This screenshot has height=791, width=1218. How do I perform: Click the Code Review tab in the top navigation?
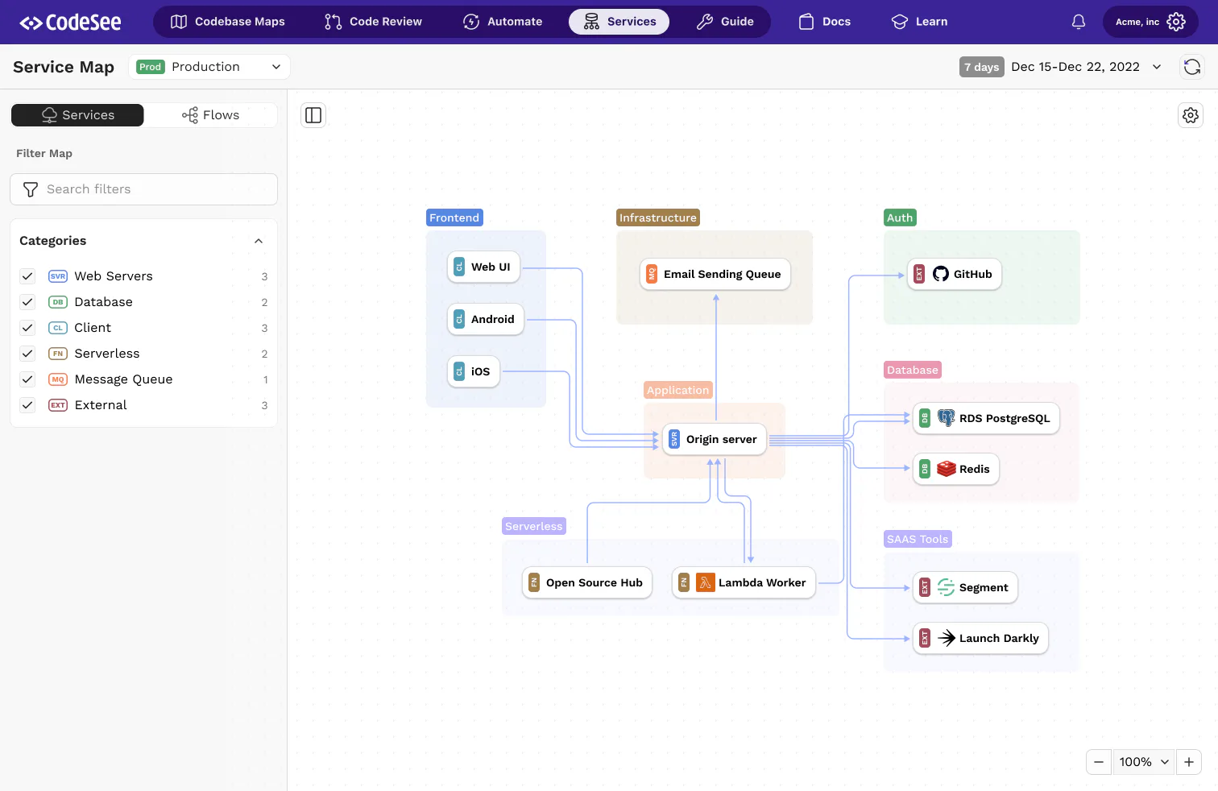pos(373,22)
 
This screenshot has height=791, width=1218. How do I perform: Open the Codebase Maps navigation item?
pos(227,22)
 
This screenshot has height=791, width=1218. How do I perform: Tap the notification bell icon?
pos(1079,22)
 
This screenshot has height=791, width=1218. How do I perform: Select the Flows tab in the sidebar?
pos(210,115)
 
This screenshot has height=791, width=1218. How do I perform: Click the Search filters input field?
pos(143,189)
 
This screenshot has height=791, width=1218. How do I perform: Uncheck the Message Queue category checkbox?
pos(27,379)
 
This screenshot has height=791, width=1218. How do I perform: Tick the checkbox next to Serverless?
pos(27,354)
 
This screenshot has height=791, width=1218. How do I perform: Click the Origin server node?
pos(714,439)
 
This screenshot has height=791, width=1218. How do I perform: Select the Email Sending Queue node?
pos(715,274)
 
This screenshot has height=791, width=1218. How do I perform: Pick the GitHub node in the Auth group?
pos(955,274)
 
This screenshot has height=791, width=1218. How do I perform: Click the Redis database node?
pos(955,469)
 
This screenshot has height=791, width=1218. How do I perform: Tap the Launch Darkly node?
pos(980,638)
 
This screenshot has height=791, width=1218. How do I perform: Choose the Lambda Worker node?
pos(744,583)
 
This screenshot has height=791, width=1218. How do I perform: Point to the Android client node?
pos(485,319)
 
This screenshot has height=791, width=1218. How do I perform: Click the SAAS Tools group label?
pos(918,539)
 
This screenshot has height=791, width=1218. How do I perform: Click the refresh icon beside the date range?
pos(1192,67)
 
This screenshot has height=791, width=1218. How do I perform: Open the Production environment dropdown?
pos(209,67)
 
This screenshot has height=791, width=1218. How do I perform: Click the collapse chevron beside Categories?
pos(259,241)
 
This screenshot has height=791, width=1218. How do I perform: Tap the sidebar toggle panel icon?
pos(313,115)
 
